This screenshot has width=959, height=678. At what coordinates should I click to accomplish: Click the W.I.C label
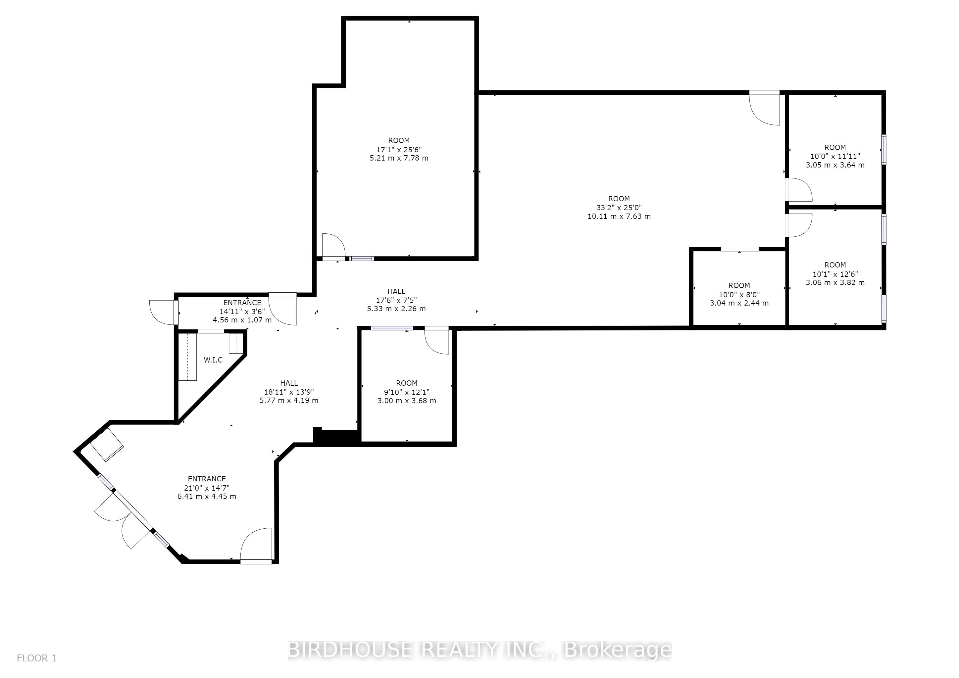point(213,360)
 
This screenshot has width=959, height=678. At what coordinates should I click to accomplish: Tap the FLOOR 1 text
point(36,658)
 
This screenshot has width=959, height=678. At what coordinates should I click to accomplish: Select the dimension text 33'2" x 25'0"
point(619,208)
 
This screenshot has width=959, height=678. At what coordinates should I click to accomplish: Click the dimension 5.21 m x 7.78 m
point(399,158)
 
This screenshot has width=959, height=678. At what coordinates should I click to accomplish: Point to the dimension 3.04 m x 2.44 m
point(739,303)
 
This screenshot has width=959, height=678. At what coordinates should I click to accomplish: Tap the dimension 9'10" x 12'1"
point(407,392)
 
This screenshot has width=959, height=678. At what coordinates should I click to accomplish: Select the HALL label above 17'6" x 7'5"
point(396,291)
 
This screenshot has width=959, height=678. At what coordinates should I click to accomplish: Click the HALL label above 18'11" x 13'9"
point(289,383)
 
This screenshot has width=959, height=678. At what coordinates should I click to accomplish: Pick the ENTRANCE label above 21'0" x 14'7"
point(207,479)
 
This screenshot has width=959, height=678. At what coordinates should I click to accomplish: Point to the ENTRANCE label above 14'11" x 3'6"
point(242,303)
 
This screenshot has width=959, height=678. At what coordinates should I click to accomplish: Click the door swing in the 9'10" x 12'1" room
point(436,340)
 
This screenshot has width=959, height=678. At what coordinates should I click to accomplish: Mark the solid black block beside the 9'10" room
point(336,436)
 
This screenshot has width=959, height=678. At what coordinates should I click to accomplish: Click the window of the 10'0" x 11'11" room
point(884,149)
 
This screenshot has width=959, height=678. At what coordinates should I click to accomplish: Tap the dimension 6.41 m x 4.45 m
point(207,496)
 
